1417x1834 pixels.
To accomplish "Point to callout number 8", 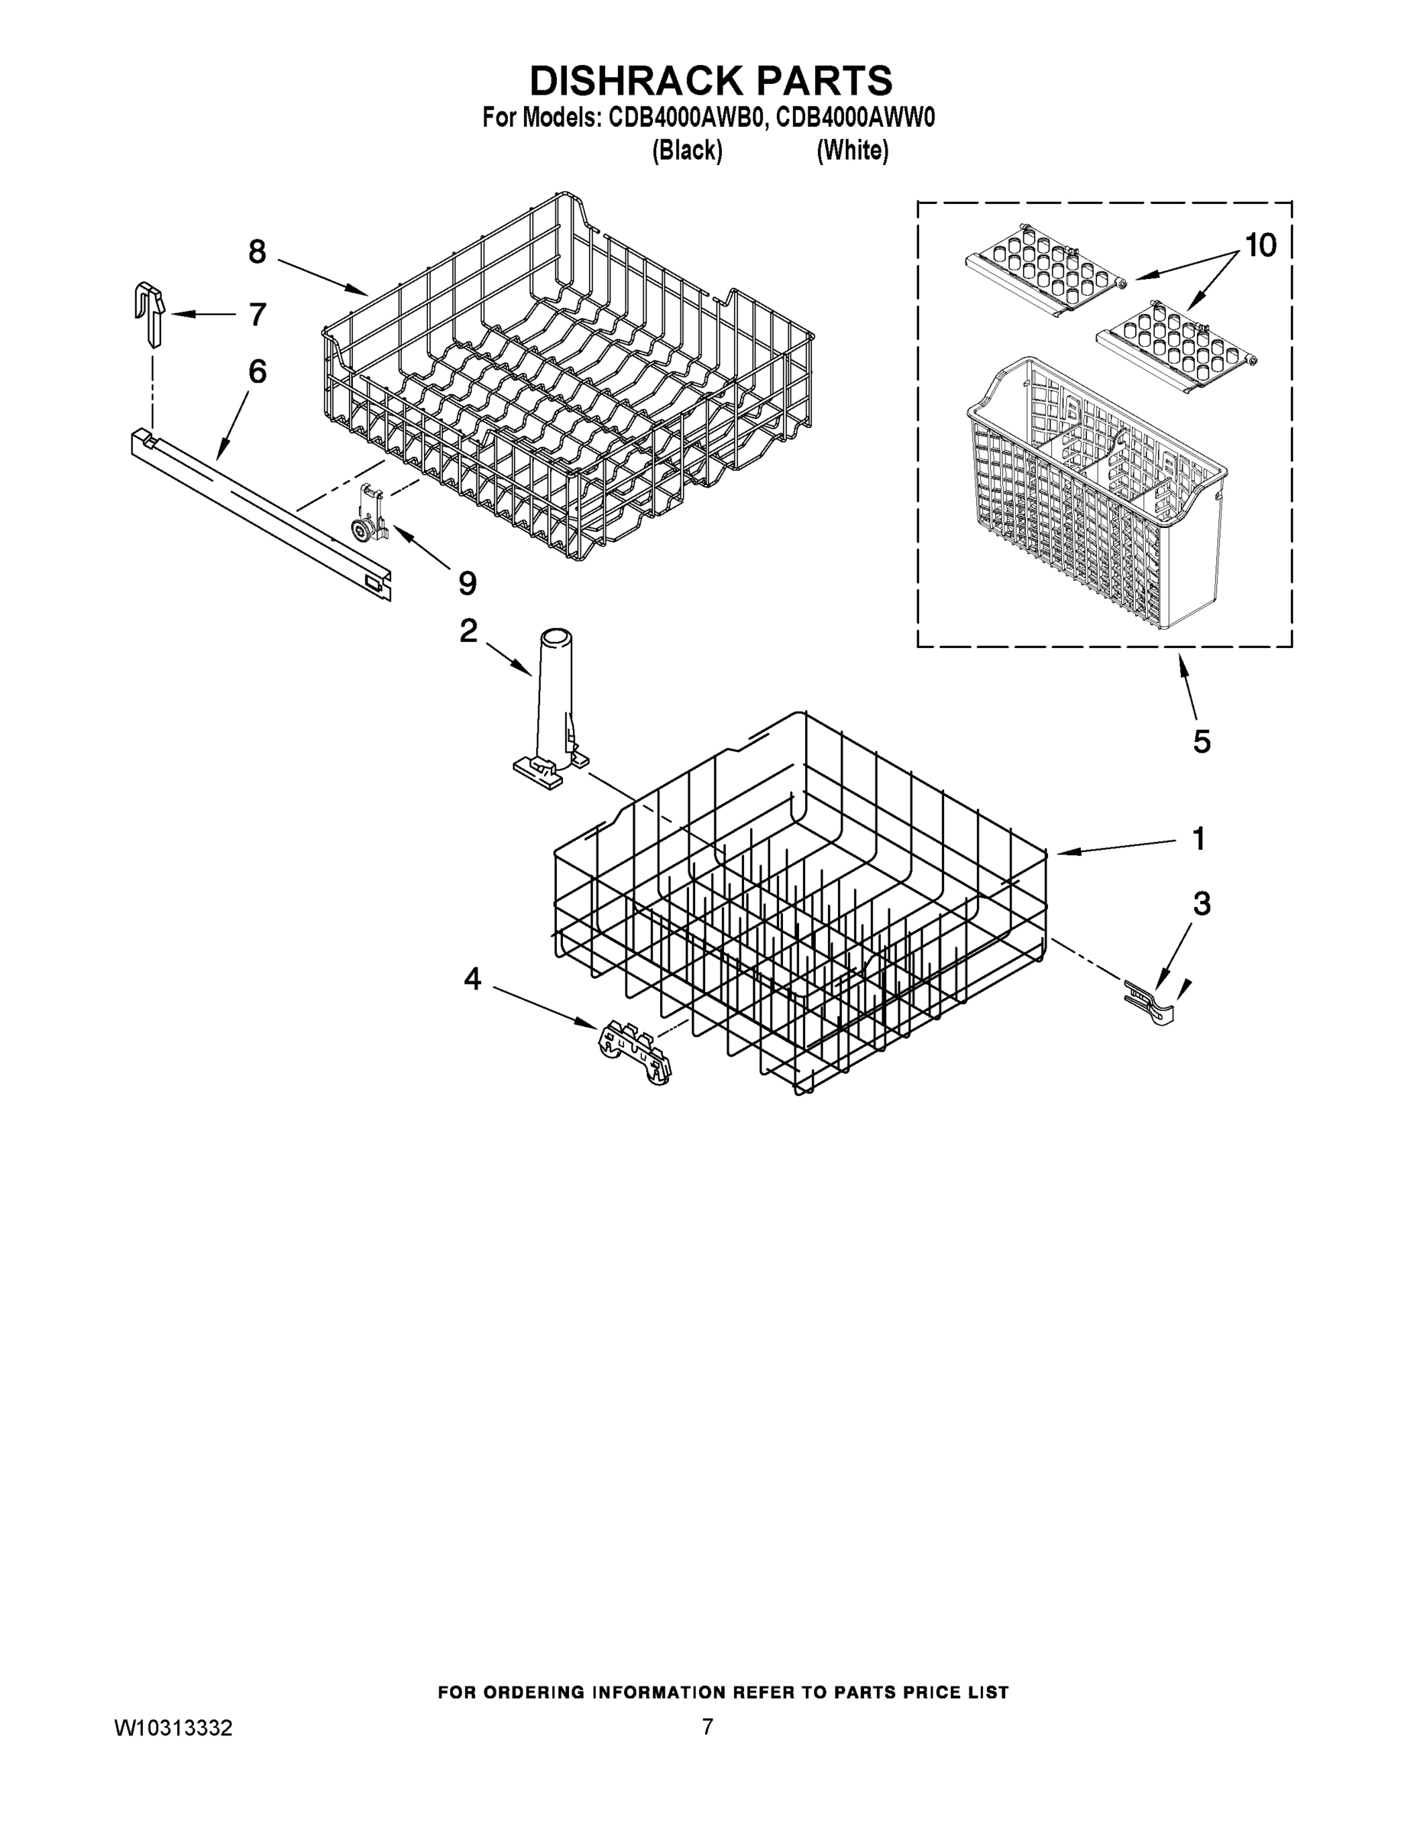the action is click(x=257, y=251).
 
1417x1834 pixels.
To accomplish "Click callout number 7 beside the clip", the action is click(x=257, y=314).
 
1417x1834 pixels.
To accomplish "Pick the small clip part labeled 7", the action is click(x=150, y=313).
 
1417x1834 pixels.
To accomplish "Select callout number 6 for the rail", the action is click(x=257, y=371).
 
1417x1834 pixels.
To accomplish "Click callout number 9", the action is click(x=467, y=582).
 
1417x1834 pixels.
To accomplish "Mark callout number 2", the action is click(x=468, y=630).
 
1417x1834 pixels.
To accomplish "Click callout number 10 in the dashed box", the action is click(x=1259, y=245).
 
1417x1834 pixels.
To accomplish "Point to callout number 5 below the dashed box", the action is click(x=1202, y=741).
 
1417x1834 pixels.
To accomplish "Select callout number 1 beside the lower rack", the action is click(x=1199, y=838).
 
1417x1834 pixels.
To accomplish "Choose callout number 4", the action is click(x=473, y=978).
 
